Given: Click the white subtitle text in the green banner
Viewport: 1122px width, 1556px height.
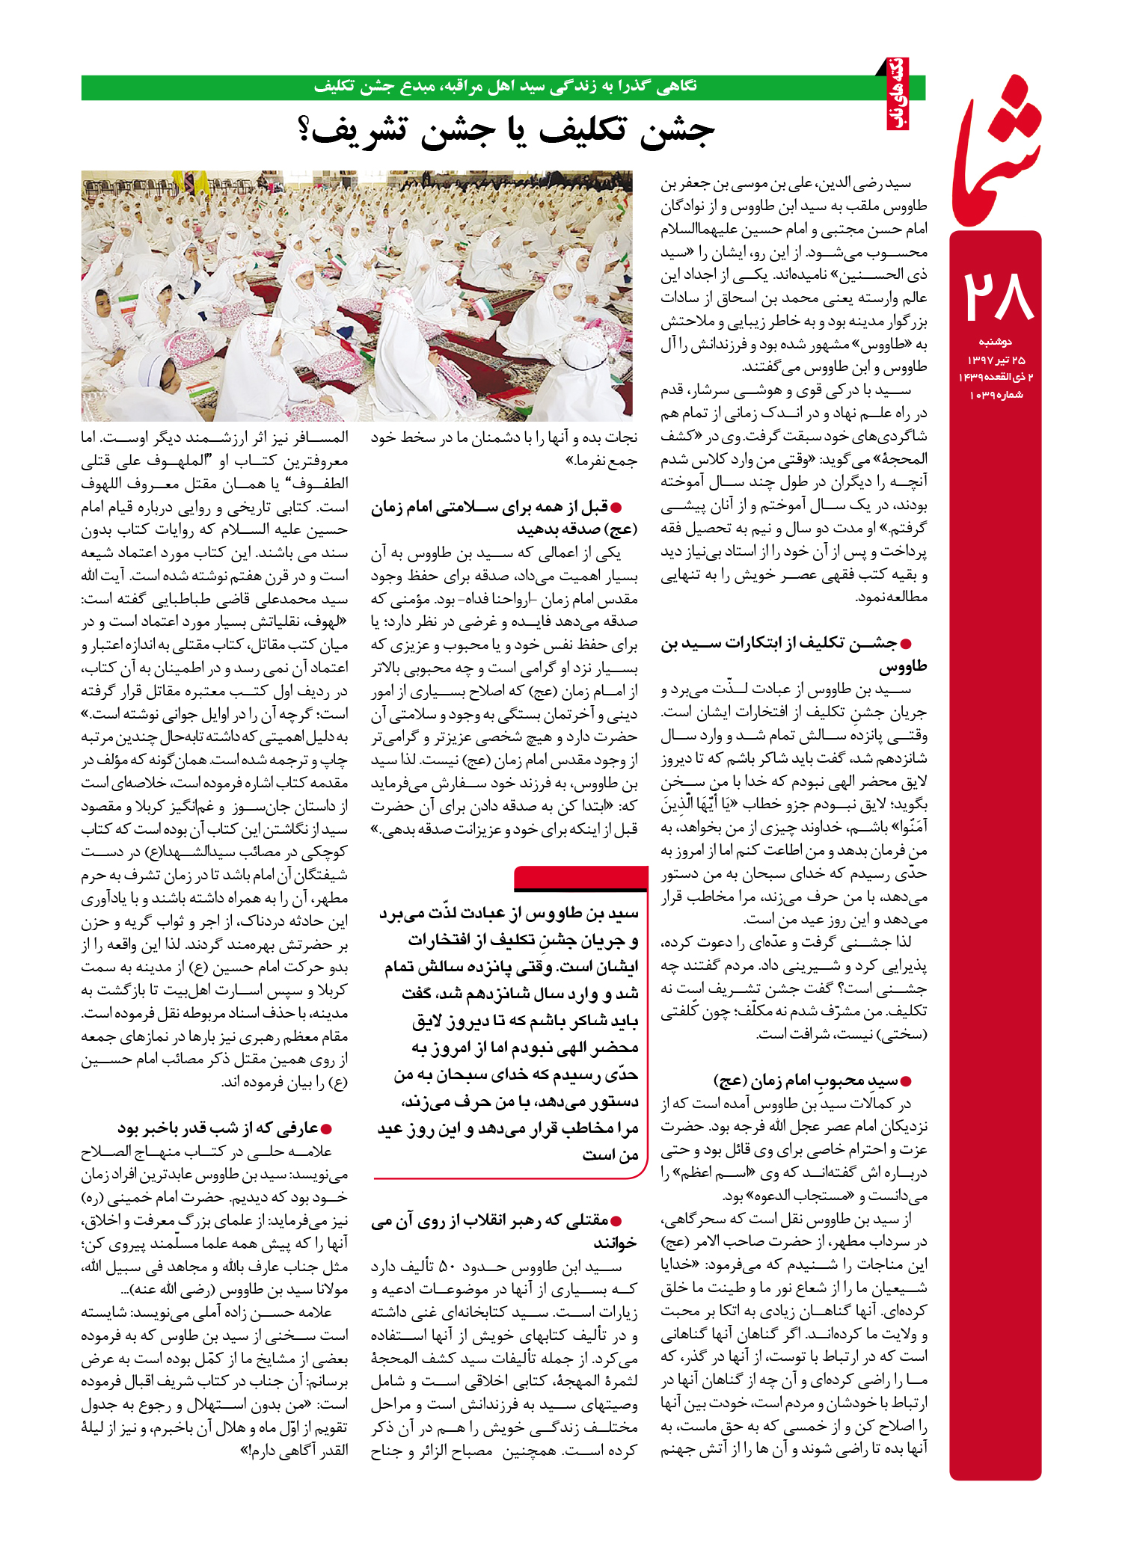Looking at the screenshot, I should pos(505,87).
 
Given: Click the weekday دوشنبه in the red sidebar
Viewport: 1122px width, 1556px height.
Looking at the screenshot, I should pos(995,342).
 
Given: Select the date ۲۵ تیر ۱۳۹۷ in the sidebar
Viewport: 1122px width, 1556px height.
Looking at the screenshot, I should pos(996,360).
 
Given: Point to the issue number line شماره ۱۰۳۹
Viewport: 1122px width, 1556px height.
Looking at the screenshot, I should pos(996,395).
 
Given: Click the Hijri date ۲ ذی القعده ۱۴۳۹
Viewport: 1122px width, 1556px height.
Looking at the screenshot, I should pos(996,378).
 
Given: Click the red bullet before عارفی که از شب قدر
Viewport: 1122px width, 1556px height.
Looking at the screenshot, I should pos(325,1128).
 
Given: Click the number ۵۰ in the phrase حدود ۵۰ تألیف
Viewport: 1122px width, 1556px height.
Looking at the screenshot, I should pos(447,1267).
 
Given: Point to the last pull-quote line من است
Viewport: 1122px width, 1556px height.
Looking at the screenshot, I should pos(610,1155).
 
